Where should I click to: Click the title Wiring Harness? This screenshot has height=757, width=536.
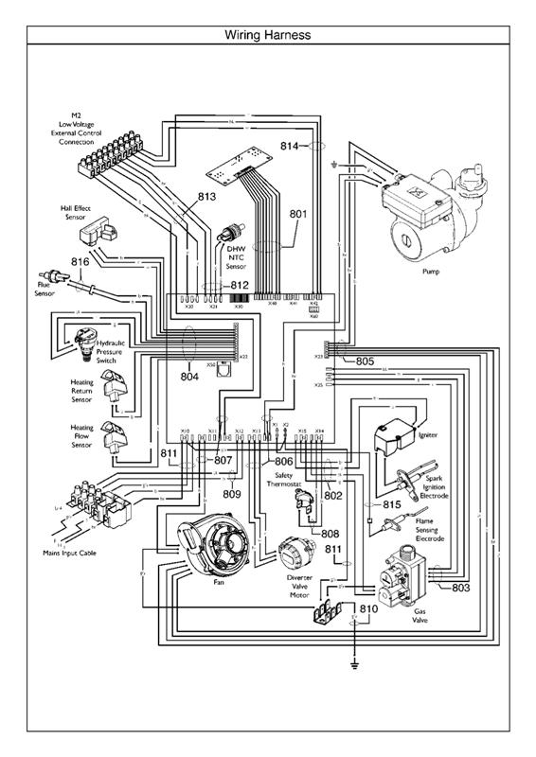[x=268, y=35]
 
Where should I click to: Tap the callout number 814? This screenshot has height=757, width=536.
[x=291, y=146]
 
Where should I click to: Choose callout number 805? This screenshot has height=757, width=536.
[x=366, y=361]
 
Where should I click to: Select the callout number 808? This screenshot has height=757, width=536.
[x=330, y=534]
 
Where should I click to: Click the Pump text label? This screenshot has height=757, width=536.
[x=430, y=270]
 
